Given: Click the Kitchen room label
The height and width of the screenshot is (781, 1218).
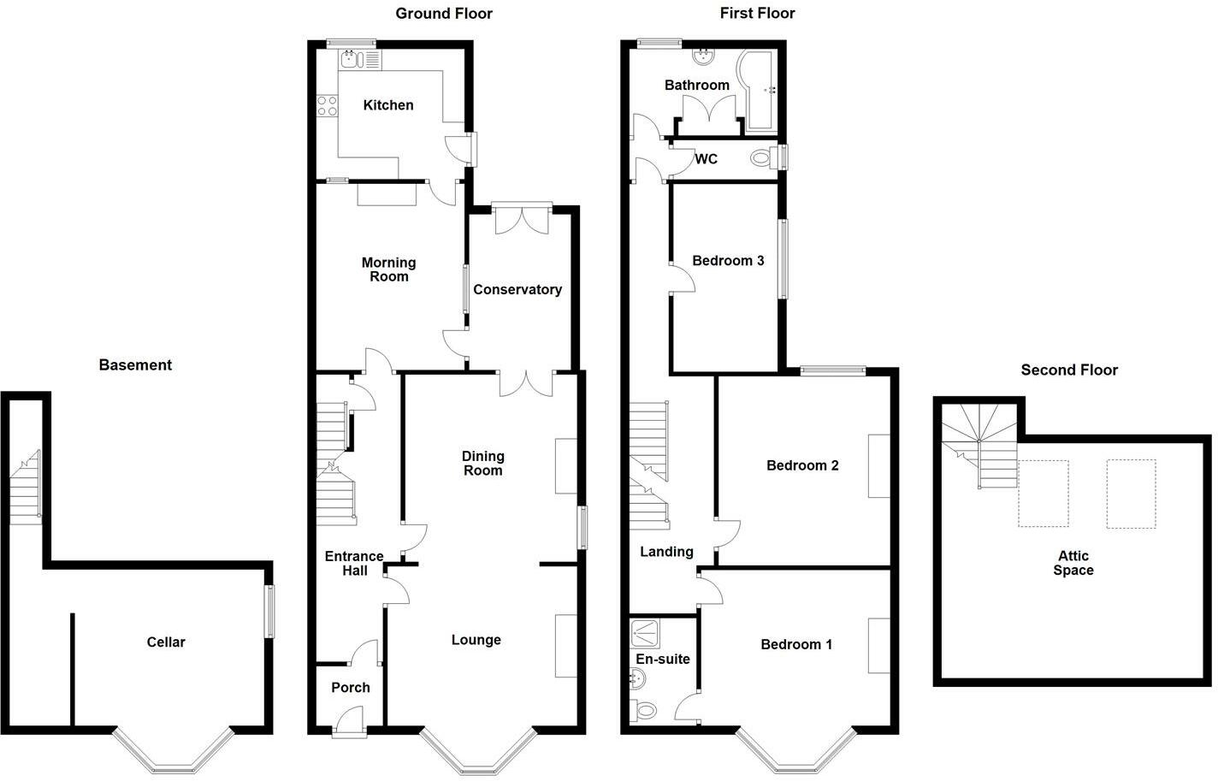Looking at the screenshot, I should (x=388, y=105).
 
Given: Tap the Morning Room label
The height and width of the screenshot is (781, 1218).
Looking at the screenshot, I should (x=388, y=269).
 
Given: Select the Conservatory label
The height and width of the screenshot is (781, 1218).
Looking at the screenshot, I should (x=517, y=290).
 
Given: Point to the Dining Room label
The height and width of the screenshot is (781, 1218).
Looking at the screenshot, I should (x=482, y=464).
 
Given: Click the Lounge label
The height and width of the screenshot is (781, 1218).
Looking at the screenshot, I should (x=476, y=640).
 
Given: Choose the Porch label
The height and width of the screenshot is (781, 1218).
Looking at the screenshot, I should (x=351, y=688).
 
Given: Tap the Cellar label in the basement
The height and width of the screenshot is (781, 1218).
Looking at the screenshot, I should (x=166, y=642).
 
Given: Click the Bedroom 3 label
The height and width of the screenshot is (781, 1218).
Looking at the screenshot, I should (x=728, y=261).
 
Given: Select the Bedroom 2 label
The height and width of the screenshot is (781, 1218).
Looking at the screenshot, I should (x=802, y=466).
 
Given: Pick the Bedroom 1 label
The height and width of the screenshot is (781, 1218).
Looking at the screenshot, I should (x=796, y=645).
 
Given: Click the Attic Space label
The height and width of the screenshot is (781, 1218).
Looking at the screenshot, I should (x=1073, y=563).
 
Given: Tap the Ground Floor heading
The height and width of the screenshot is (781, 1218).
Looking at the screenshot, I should (x=444, y=13).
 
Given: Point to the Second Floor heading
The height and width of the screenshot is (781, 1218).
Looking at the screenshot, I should (x=1069, y=370).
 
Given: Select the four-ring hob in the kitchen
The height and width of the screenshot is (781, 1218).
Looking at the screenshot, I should (x=327, y=106).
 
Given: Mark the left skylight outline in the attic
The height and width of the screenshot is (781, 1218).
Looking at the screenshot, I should (x=1044, y=494).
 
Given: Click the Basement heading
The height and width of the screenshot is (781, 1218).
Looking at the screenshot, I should (x=135, y=365).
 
